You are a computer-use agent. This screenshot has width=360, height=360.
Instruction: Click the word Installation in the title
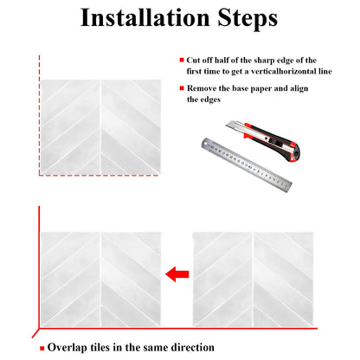click(x=145, y=17)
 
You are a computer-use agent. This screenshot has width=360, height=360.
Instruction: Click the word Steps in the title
click(x=247, y=19)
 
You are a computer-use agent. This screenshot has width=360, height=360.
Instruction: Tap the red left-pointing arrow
click(x=177, y=274)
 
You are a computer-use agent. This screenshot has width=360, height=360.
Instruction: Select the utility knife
click(x=263, y=141)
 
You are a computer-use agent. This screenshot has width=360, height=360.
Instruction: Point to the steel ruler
click(x=247, y=164)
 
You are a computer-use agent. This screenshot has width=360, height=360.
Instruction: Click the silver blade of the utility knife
click(x=235, y=126)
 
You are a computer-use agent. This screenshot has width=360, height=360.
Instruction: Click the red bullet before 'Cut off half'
click(x=182, y=60)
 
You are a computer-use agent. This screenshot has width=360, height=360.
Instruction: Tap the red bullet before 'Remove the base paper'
click(x=182, y=88)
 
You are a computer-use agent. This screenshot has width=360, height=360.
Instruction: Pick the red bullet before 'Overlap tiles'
click(x=42, y=348)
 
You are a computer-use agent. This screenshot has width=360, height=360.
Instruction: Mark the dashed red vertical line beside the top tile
click(x=39, y=115)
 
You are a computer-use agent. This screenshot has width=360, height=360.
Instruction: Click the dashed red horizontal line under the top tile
click(x=99, y=175)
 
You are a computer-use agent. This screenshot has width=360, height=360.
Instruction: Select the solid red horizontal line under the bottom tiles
click(x=178, y=328)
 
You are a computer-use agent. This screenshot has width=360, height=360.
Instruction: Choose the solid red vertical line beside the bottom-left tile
click(x=39, y=267)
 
